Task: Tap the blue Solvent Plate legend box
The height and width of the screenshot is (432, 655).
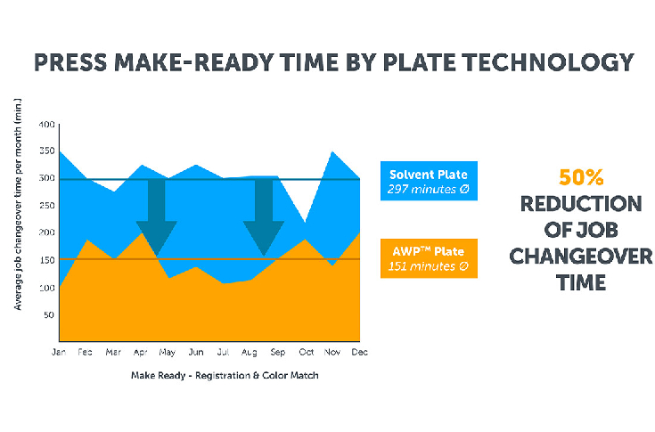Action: [x=428, y=182]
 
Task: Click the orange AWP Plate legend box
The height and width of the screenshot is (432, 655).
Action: [x=428, y=258]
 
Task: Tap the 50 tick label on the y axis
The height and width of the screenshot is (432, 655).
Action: [x=49, y=314]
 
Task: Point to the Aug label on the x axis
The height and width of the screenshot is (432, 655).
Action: [x=252, y=353]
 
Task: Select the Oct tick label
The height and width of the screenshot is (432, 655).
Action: [x=305, y=353]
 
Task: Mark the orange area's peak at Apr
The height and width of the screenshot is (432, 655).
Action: [x=143, y=234]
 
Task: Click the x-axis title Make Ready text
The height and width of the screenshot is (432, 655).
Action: [x=225, y=375]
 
